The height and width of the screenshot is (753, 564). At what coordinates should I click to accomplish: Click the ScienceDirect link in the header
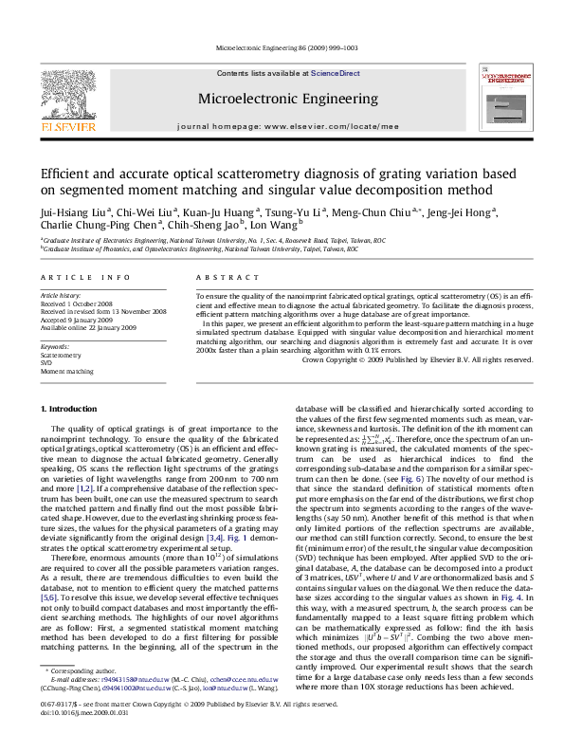pos(335,73)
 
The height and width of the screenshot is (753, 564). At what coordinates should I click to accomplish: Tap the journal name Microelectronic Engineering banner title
pos(282,99)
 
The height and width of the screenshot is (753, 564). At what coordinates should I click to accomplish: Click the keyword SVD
pos(46,362)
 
